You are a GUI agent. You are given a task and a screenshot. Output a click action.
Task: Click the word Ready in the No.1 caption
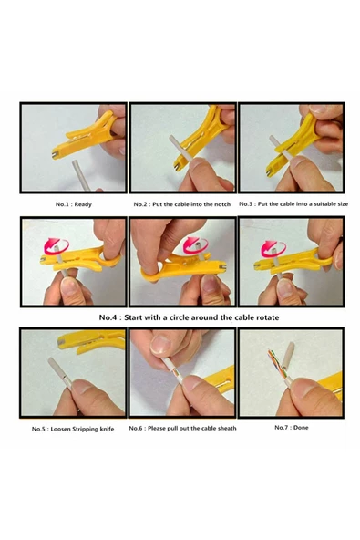83,204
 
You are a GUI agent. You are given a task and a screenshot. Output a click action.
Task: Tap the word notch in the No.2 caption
222,204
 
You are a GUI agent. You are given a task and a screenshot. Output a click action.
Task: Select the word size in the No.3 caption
341,204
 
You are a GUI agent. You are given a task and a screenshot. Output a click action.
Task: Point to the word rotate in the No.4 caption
268,317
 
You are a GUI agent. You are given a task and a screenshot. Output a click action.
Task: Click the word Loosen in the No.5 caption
60,429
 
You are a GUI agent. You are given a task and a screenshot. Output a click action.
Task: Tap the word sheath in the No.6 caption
227,428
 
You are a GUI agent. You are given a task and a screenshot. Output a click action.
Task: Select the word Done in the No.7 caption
301,428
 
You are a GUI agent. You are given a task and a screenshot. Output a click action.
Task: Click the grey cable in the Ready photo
81,176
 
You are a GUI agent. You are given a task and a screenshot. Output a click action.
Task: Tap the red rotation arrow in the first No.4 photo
57,246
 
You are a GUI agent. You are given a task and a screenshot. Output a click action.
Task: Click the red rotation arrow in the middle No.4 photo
195,244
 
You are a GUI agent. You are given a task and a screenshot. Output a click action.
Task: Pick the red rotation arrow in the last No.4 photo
273,249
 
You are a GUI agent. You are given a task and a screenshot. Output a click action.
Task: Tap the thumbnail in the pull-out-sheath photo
160,345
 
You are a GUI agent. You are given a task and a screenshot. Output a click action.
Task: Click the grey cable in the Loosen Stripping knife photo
60,373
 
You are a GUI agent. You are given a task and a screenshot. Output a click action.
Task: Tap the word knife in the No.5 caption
107,429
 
